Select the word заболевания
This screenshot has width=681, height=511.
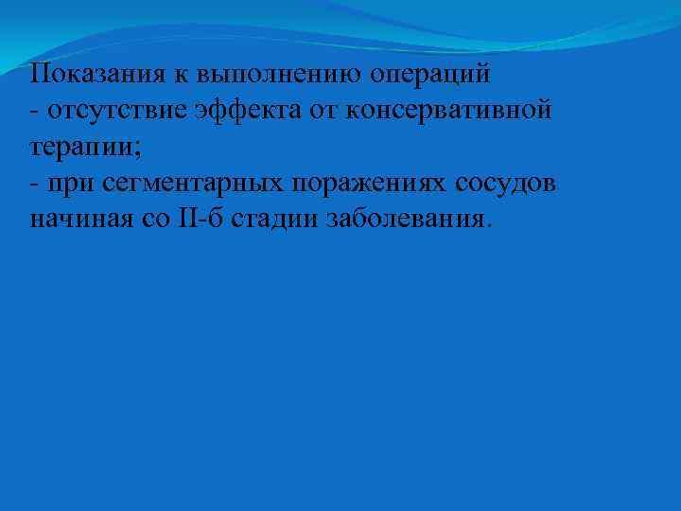click(409, 220)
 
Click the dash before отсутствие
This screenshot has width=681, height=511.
click(33, 112)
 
